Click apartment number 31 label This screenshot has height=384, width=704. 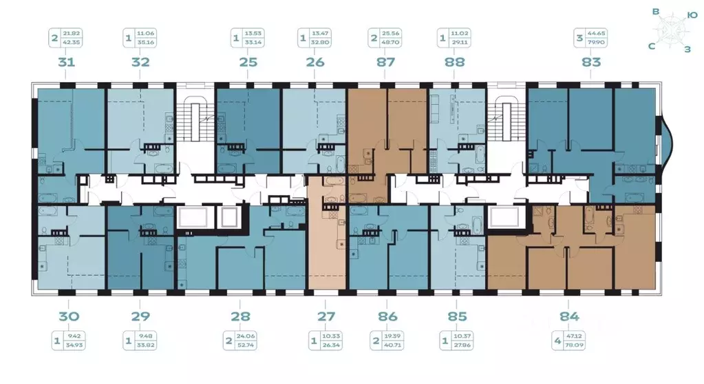(66, 62)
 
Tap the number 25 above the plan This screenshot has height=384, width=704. (248, 62)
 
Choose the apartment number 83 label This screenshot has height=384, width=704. (591, 62)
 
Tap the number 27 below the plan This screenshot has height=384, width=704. (326, 316)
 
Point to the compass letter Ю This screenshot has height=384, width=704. (692, 14)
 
